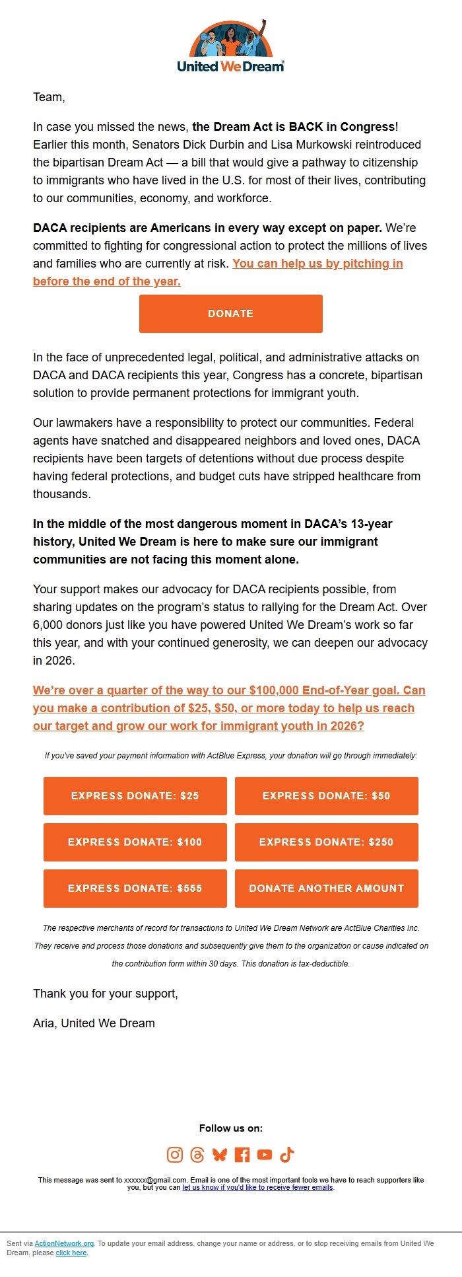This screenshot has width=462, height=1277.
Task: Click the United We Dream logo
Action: pyautogui.click(x=230, y=46)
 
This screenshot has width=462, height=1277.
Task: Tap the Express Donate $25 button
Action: pyautogui.click(x=135, y=795)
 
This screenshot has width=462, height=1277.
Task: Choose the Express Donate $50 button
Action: pyautogui.click(x=326, y=795)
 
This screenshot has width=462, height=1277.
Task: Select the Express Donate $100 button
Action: pyautogui.click(x=135, y=842)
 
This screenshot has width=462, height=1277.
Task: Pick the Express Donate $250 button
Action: pyautogui.click(x=326, y=842)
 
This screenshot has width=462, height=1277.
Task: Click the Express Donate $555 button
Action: pyautogui.click(x=135, y=888)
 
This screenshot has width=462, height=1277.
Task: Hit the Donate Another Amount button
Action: pyautogui.click(x=326, y=888)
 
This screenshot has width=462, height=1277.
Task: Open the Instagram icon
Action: pyautogui.click(x=174, y=1154)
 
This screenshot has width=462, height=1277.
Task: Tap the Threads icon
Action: pyautogui.click(x=197, y=1154)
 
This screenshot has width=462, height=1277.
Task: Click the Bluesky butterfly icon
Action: pyautogui.click(x=219, y=1154)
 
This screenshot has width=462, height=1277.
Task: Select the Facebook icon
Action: pyautogui.click(x=242, y=1154)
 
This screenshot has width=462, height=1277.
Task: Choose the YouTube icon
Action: pyautogui.click(x=265, y=1154)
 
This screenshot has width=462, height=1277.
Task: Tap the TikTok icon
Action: pyautogui.click(x=286, y=1154)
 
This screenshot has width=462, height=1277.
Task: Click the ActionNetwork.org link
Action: pyautogui.click(x=64, y=1243)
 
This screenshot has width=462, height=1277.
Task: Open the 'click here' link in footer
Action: pyautogui.click(x=71, y=1253)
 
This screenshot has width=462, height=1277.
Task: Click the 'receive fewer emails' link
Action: pyautogui.click(x=258, y=1187)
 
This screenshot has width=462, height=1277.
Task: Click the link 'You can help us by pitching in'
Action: pyautogui.click(x=317, y=264)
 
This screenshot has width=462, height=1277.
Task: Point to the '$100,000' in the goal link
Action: pyautogui.click(x=274, y=690)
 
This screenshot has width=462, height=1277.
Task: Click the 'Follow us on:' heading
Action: pyautogui.click(x=230, y=1128)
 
